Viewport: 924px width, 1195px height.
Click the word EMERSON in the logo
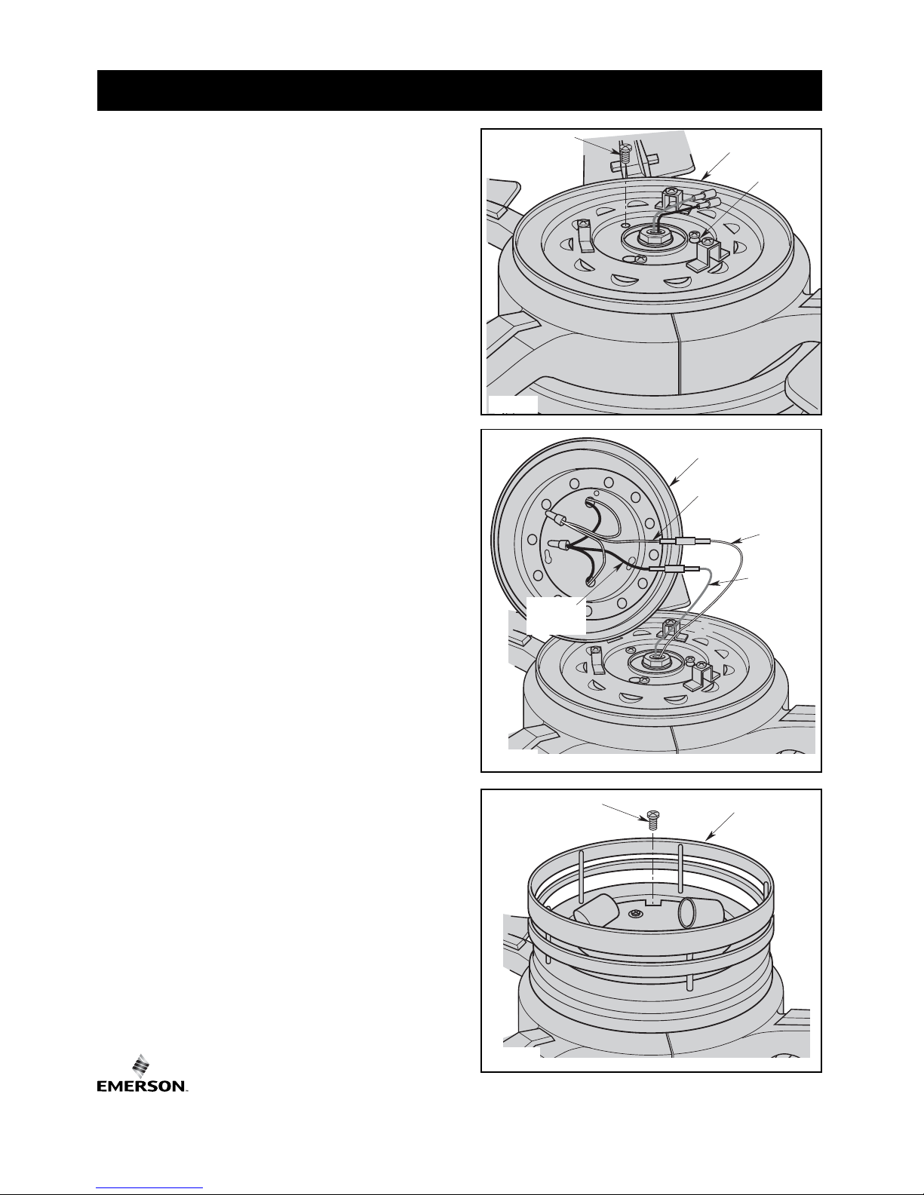pos(142,1086)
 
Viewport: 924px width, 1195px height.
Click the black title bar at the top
pos(459,90)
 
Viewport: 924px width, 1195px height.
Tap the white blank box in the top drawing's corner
pos(513,404)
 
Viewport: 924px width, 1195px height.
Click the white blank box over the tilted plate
pos(556,615)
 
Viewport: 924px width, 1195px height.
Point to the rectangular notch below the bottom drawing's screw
pos(652,902)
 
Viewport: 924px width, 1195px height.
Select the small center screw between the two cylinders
pos(636,914)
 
